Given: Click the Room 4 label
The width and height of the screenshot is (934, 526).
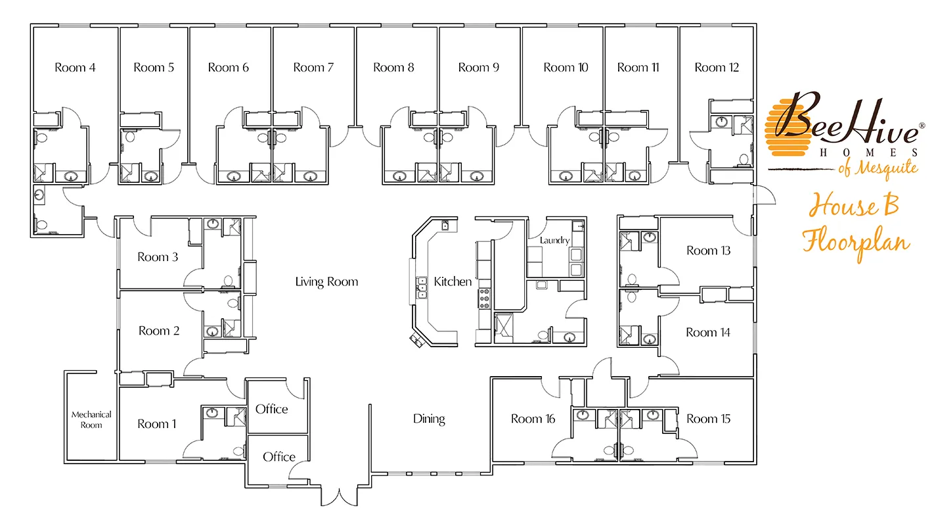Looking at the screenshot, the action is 75,68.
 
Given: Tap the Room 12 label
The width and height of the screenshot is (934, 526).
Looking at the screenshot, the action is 717,68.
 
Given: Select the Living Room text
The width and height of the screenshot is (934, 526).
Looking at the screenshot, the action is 326,282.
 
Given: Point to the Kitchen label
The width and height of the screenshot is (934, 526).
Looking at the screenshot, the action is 453,282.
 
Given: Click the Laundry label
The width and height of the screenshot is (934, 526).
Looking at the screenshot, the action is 554,241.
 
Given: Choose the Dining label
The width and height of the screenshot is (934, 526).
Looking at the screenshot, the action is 429,419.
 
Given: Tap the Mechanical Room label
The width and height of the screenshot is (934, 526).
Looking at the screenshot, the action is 91,419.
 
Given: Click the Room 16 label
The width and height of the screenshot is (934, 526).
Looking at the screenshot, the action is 533,419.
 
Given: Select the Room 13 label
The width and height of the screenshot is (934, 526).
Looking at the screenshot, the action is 709,251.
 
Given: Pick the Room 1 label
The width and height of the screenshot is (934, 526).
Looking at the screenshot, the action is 157,424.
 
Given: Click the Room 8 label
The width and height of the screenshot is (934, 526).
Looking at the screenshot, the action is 393,68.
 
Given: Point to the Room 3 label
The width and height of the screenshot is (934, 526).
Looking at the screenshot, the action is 158,257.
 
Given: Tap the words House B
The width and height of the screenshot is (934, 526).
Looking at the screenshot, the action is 853,205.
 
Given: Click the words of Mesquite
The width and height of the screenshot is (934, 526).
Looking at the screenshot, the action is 878,168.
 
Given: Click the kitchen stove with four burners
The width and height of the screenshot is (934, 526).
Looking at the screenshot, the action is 484,299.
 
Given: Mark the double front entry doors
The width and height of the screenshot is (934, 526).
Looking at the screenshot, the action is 339,498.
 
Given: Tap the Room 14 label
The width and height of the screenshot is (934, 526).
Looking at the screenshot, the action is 708,333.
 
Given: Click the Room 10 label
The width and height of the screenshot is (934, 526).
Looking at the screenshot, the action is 566,68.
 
